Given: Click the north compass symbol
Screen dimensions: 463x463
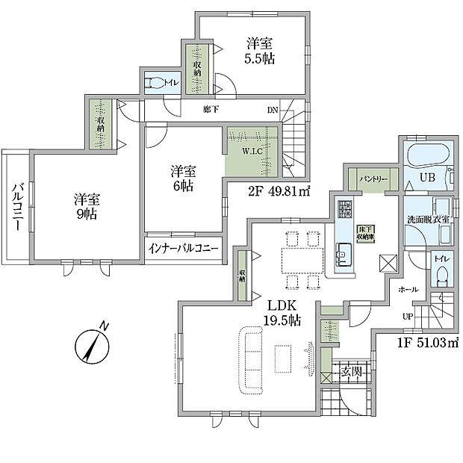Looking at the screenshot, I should (90, 345).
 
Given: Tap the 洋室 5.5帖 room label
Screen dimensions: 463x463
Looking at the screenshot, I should (259, 51).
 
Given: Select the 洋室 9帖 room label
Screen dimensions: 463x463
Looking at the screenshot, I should (87, 207).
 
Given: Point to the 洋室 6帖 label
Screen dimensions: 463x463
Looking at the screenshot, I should (181, 177).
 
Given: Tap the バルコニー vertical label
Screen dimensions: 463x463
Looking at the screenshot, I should (17, 205).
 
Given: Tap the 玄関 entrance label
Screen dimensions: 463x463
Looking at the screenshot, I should (350, 371).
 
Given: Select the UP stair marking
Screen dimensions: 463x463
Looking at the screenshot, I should (408, 316).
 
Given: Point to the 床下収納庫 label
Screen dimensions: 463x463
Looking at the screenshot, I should (365, 233).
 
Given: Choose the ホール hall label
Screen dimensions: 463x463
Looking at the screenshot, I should (408, 289).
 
